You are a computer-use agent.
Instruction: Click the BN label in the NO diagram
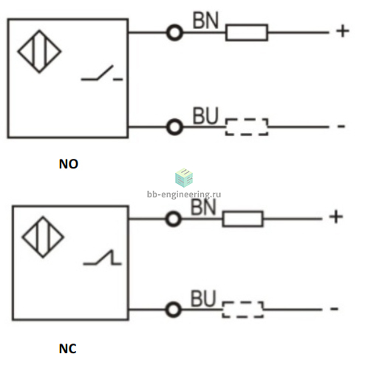pyautogui.click(x=205, y=20)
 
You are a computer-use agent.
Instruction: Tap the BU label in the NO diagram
pyautogui.click(x=205, y=116)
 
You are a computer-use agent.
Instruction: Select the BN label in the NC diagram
pyautogui.click(x=203, y=207)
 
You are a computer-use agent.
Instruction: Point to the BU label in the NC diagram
pyautogui.click(x=203, y=299)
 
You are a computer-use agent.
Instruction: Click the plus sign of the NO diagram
pyautogui.click(x=343, y=31)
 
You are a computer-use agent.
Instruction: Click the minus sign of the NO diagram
pyautogui.click(x=341, y=126)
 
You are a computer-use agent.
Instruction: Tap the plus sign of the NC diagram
pyautogui.click(x=336, y=217)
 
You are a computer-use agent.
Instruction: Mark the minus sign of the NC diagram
pyautogui.click(x=334, y=309)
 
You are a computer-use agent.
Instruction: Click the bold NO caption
pyautogui.click(x=69, y=164)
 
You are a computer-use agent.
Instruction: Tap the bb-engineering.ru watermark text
pyautogui.click(x=184, y=194)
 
